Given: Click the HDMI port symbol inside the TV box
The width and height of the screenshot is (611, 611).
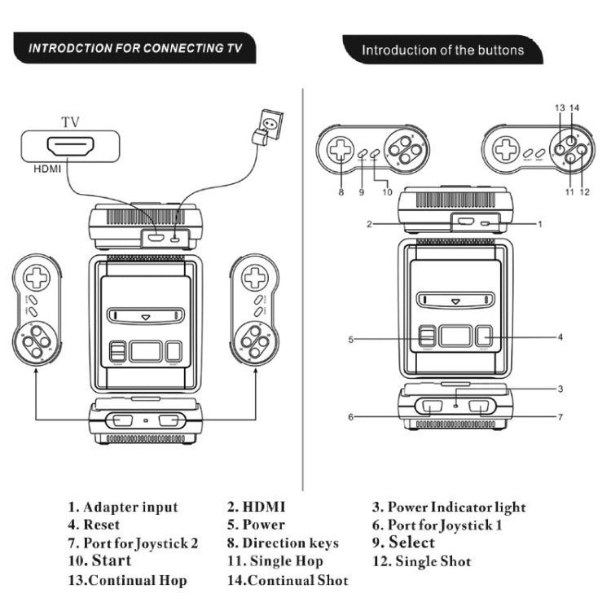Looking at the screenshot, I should coord(71,147).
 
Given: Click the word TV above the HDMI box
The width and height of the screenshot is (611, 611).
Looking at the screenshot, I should coord(70,122).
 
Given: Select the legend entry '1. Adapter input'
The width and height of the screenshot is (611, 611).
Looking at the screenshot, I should coord(122,508).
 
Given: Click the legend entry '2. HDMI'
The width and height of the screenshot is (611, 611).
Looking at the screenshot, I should coord(257,508).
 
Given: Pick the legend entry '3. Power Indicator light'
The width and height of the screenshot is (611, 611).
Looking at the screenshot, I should coord(449,508).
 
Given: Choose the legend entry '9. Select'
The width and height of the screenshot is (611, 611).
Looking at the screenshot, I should coord(403,543).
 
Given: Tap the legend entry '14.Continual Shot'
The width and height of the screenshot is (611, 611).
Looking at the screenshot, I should coord(288,580).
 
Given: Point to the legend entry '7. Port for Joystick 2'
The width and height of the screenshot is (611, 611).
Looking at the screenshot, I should coord(133,543).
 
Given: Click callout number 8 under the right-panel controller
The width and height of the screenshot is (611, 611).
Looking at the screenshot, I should coord(341,192).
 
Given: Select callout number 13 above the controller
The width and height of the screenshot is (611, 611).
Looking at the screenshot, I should coord(559,108).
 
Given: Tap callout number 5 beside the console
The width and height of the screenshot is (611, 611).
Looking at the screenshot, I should coord(350,339).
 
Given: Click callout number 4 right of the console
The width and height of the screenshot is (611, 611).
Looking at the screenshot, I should coord(560,336).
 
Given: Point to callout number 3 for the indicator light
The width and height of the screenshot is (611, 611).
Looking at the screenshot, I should coord(560,389).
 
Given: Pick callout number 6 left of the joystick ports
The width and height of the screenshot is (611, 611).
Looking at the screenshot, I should coord(351,417).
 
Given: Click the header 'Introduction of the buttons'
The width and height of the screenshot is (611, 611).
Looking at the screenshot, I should coord(442,50).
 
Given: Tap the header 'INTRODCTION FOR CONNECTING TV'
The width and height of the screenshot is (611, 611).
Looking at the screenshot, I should coord(136,48).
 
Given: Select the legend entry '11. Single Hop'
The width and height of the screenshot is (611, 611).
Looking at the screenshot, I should coord(275,561).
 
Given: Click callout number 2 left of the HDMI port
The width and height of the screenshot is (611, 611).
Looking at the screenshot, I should coord(369,223).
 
